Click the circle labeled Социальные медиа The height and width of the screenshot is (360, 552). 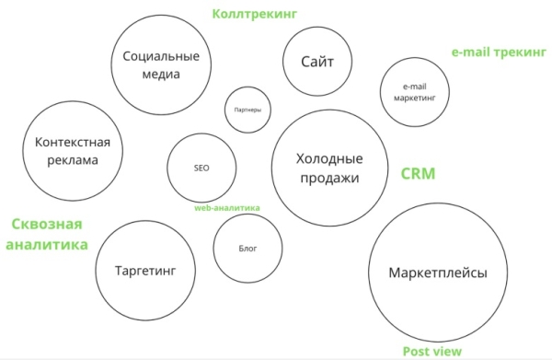[x=162, y=64]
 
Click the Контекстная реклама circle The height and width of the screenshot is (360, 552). [x=72, y=151]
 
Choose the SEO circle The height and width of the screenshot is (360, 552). [x=202, y=168]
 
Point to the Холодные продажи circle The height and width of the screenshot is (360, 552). [x=328, y=168]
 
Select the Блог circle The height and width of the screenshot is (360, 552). [x=247, y=249]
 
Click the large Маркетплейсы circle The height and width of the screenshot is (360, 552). [x=437, y=274]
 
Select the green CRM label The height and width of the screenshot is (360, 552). [x=418, y=173]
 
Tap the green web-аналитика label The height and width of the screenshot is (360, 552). [x=226, y=208]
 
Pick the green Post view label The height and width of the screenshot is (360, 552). [x=432, y=351]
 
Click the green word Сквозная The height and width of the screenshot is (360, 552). [x=47, y=225]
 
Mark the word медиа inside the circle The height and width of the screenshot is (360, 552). [x=162, y=75]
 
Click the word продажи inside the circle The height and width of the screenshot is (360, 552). [x=328, y=179]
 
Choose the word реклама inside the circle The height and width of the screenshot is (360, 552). [x=72, y=160]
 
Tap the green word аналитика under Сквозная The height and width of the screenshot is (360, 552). [x=47, y=245]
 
